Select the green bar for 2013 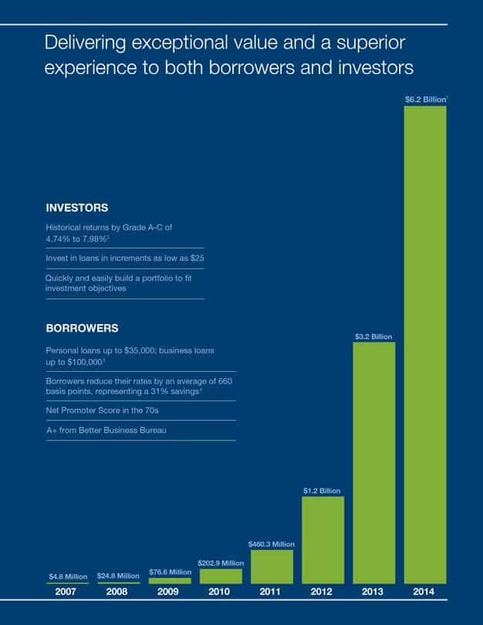(x=374, y=463)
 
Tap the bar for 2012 (x=323, y=539)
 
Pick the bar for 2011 (x=272, y=566)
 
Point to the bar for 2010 (x=221, y=576)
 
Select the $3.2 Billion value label (x=374, y=336)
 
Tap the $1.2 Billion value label (x=323, y=491)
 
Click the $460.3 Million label (x=272, y=544)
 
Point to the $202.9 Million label (x=221, y=563)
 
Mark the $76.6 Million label (x=170, y=572)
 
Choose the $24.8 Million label (x=119, y=576)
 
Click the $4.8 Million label (x=68, y=576)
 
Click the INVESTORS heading (x=76, y=208)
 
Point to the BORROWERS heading (x=82, y=328)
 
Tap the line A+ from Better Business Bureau (x=106, y=430)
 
